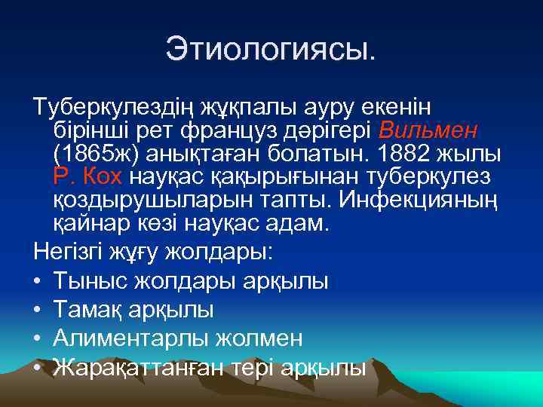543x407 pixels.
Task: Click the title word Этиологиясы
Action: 271,51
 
